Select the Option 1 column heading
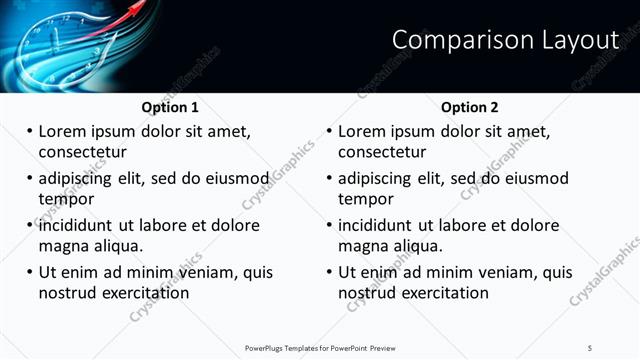click(170, 107)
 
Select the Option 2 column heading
click(470, 107)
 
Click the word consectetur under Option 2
click(382, 152)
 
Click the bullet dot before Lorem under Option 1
click(29, 131)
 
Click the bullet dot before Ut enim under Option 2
click(329, 272)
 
